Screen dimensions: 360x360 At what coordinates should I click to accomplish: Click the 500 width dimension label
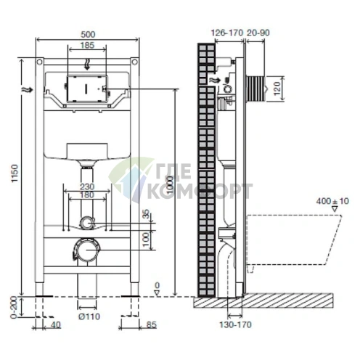tap(88, 34)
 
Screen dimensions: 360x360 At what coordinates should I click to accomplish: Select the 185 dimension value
tap(87, 45)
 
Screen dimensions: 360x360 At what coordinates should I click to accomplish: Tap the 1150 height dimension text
tap(15, 173)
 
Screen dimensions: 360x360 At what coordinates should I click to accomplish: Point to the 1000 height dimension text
tap(171, 185)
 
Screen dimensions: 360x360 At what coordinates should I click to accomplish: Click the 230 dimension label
tap(87, 187)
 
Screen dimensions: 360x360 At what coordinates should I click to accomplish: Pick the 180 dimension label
tap(87, 195)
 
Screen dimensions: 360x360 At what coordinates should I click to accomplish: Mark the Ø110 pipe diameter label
tap(89, 316)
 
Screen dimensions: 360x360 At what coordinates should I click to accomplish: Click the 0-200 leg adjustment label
tap(15, 307)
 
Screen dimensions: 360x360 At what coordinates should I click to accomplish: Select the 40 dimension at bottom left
tap(56, 325)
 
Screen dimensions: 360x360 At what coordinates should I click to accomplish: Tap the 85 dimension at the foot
tap(152, 325)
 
